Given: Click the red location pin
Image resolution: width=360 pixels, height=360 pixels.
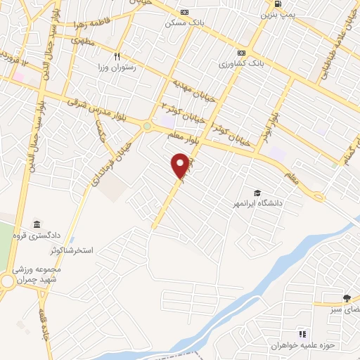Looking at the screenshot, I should click(x=181, y=165).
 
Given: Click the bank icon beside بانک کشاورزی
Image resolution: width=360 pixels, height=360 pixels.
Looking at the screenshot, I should click(x=242, y=53).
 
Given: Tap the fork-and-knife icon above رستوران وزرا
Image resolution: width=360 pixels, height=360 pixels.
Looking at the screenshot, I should click(x=118, y=58).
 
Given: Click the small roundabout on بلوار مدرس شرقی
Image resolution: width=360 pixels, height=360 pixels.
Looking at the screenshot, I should click(x=147, y=126).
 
